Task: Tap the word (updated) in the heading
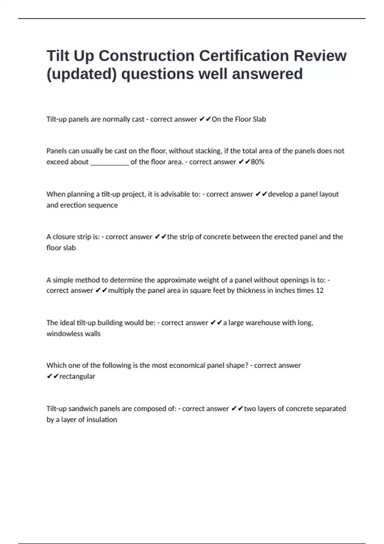[x=82, y=74]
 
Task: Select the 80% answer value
[x=258, y=162]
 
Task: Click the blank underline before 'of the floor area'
[x=109, y=163]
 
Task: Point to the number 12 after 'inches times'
[x=320, y=291]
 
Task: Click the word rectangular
[x=77, y=376]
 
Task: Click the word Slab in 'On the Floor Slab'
[x=259, y=119]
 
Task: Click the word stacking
[x=208, y=151]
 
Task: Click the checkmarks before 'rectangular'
[x=52, y=376]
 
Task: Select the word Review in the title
[x=320, y=56]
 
